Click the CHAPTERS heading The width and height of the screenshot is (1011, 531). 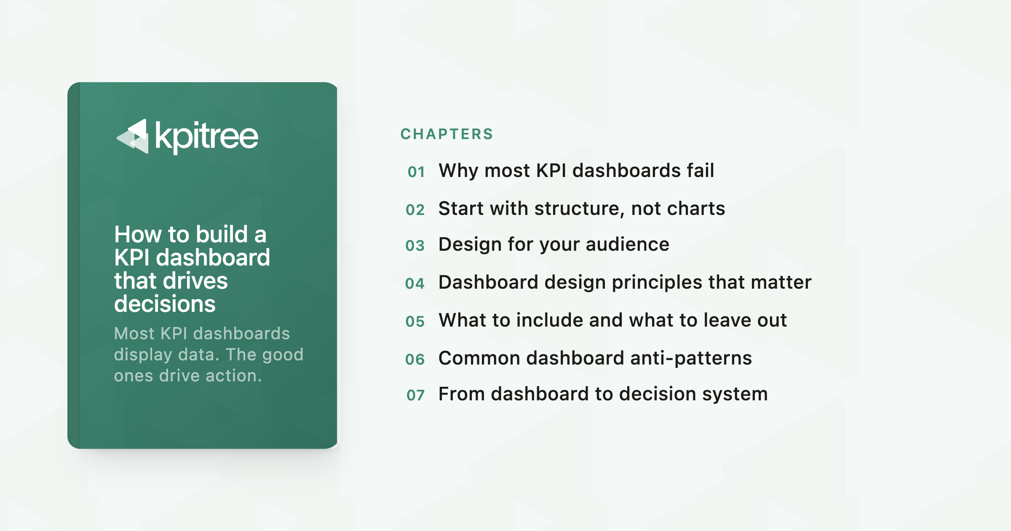[447, 134]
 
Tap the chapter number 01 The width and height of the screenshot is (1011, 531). [416, 172]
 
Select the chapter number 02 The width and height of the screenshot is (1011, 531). [415, 210]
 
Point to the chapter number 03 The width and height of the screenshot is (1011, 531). [415, 246]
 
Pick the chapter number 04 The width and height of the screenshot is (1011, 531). [415, 284]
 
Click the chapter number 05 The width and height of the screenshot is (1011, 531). [415, 322]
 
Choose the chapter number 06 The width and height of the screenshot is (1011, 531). [415, 359]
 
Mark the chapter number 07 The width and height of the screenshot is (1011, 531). [415, 395]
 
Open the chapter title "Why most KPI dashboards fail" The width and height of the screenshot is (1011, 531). [576, 171]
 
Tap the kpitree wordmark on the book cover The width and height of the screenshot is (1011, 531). [206, 137]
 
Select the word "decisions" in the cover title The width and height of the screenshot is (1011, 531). [165, 303]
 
